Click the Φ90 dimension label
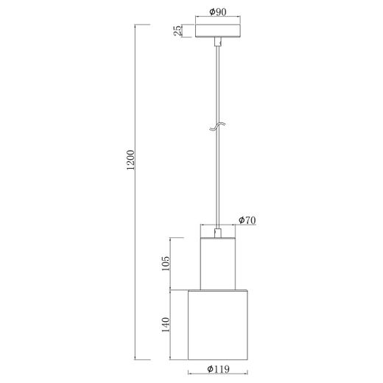217,12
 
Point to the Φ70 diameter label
246,219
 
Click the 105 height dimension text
166,263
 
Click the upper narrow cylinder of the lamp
217,261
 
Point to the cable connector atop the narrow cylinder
217,233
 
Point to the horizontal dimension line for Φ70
217,226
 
